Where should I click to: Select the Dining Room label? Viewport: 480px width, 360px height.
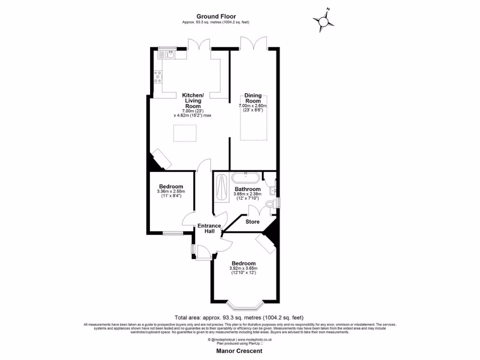pos(253,98)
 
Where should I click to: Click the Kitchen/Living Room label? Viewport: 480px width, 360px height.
pos(192,100)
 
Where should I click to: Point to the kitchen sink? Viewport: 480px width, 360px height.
pos(167,55)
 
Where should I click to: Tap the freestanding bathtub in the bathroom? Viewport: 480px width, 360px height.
pos(245,178)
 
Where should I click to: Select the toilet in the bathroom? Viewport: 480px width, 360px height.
pos(270,204)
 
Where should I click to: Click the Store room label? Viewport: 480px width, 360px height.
pos(252,222)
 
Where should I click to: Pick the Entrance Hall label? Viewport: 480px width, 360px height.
pos(209,228)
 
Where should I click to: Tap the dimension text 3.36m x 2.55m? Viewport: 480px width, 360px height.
pos(171,191)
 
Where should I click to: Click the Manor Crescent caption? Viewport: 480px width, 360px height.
pos(239,351)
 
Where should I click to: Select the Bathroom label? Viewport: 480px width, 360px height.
pos(247,189)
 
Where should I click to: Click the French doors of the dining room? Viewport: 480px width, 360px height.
pos(254,43)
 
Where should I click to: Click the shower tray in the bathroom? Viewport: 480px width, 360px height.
pos(221,188)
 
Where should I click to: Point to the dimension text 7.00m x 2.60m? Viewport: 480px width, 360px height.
pos(252,106)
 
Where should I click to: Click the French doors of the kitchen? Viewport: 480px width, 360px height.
pos(199,44)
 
